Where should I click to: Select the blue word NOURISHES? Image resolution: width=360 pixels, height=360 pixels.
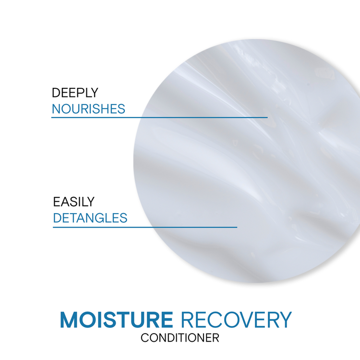click(x=88, y=108)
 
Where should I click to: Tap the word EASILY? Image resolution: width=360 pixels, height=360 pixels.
click(x=74, y=202)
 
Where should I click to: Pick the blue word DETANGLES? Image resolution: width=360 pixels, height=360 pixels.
click(x=90, y=218)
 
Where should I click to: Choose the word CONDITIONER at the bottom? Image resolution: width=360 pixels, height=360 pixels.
click(x=180, y=337)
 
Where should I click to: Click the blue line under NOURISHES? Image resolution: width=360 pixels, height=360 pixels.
click(x=158, y=117)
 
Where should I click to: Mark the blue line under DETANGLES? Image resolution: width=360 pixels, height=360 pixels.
click(x=144, y=227)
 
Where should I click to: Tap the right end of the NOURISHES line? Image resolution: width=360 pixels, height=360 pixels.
click(x=266, y=117)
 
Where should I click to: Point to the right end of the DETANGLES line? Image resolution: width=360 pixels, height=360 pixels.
click(x=237, y=227)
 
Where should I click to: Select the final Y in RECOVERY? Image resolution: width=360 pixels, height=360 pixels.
click(x=285, y=320)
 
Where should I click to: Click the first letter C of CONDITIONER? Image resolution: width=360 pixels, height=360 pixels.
click(x=144, y=337)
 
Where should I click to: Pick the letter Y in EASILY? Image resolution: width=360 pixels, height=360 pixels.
click(x=91, y=202)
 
